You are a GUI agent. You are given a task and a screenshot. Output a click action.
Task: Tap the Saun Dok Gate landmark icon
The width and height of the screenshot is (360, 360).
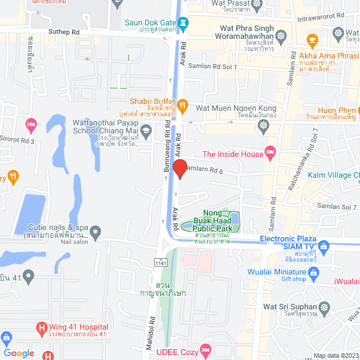pos(183,22)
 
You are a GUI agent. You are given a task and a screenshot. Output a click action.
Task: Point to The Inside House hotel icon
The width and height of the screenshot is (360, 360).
pos(271,151)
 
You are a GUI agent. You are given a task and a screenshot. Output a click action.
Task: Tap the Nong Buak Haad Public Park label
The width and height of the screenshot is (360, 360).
pos(213,221)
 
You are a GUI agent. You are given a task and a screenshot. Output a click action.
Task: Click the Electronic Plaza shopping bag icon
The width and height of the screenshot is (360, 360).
pos(323,246)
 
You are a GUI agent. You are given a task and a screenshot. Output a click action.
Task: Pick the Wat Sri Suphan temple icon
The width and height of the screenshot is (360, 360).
pos(323,307)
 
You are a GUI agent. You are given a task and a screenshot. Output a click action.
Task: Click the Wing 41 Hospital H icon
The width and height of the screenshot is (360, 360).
pos(41,327)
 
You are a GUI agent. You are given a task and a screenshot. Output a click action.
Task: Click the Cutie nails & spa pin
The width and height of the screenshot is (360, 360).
pos(96,231)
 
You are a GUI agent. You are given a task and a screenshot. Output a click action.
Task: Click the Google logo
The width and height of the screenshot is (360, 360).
pos(19,353)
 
